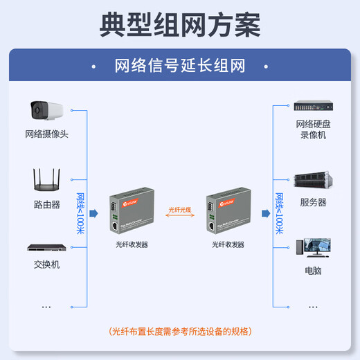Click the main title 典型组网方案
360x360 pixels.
pyautogui.click(x=180, y=24)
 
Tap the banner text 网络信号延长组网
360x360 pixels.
pyautogui.click(x=180, y=66)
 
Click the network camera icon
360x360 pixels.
pyautogui.click(x=46, y=109)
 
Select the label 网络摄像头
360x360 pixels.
pyautogui.click(x=46, y=134)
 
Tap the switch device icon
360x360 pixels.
pyautogui.click(x=46, y=247)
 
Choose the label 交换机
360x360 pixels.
pyautogui.click(x=46, y=264)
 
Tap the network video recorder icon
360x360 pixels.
pyautogui.click(x=313, y=107)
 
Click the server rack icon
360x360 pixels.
pyautogui.click(x=313, y=181)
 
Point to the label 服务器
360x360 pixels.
pyautogui.click(x=313, y=203)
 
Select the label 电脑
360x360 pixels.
pyautogui.click(x=313, y=271)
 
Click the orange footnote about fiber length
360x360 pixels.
pyautogui.click(x=180, y=331)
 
